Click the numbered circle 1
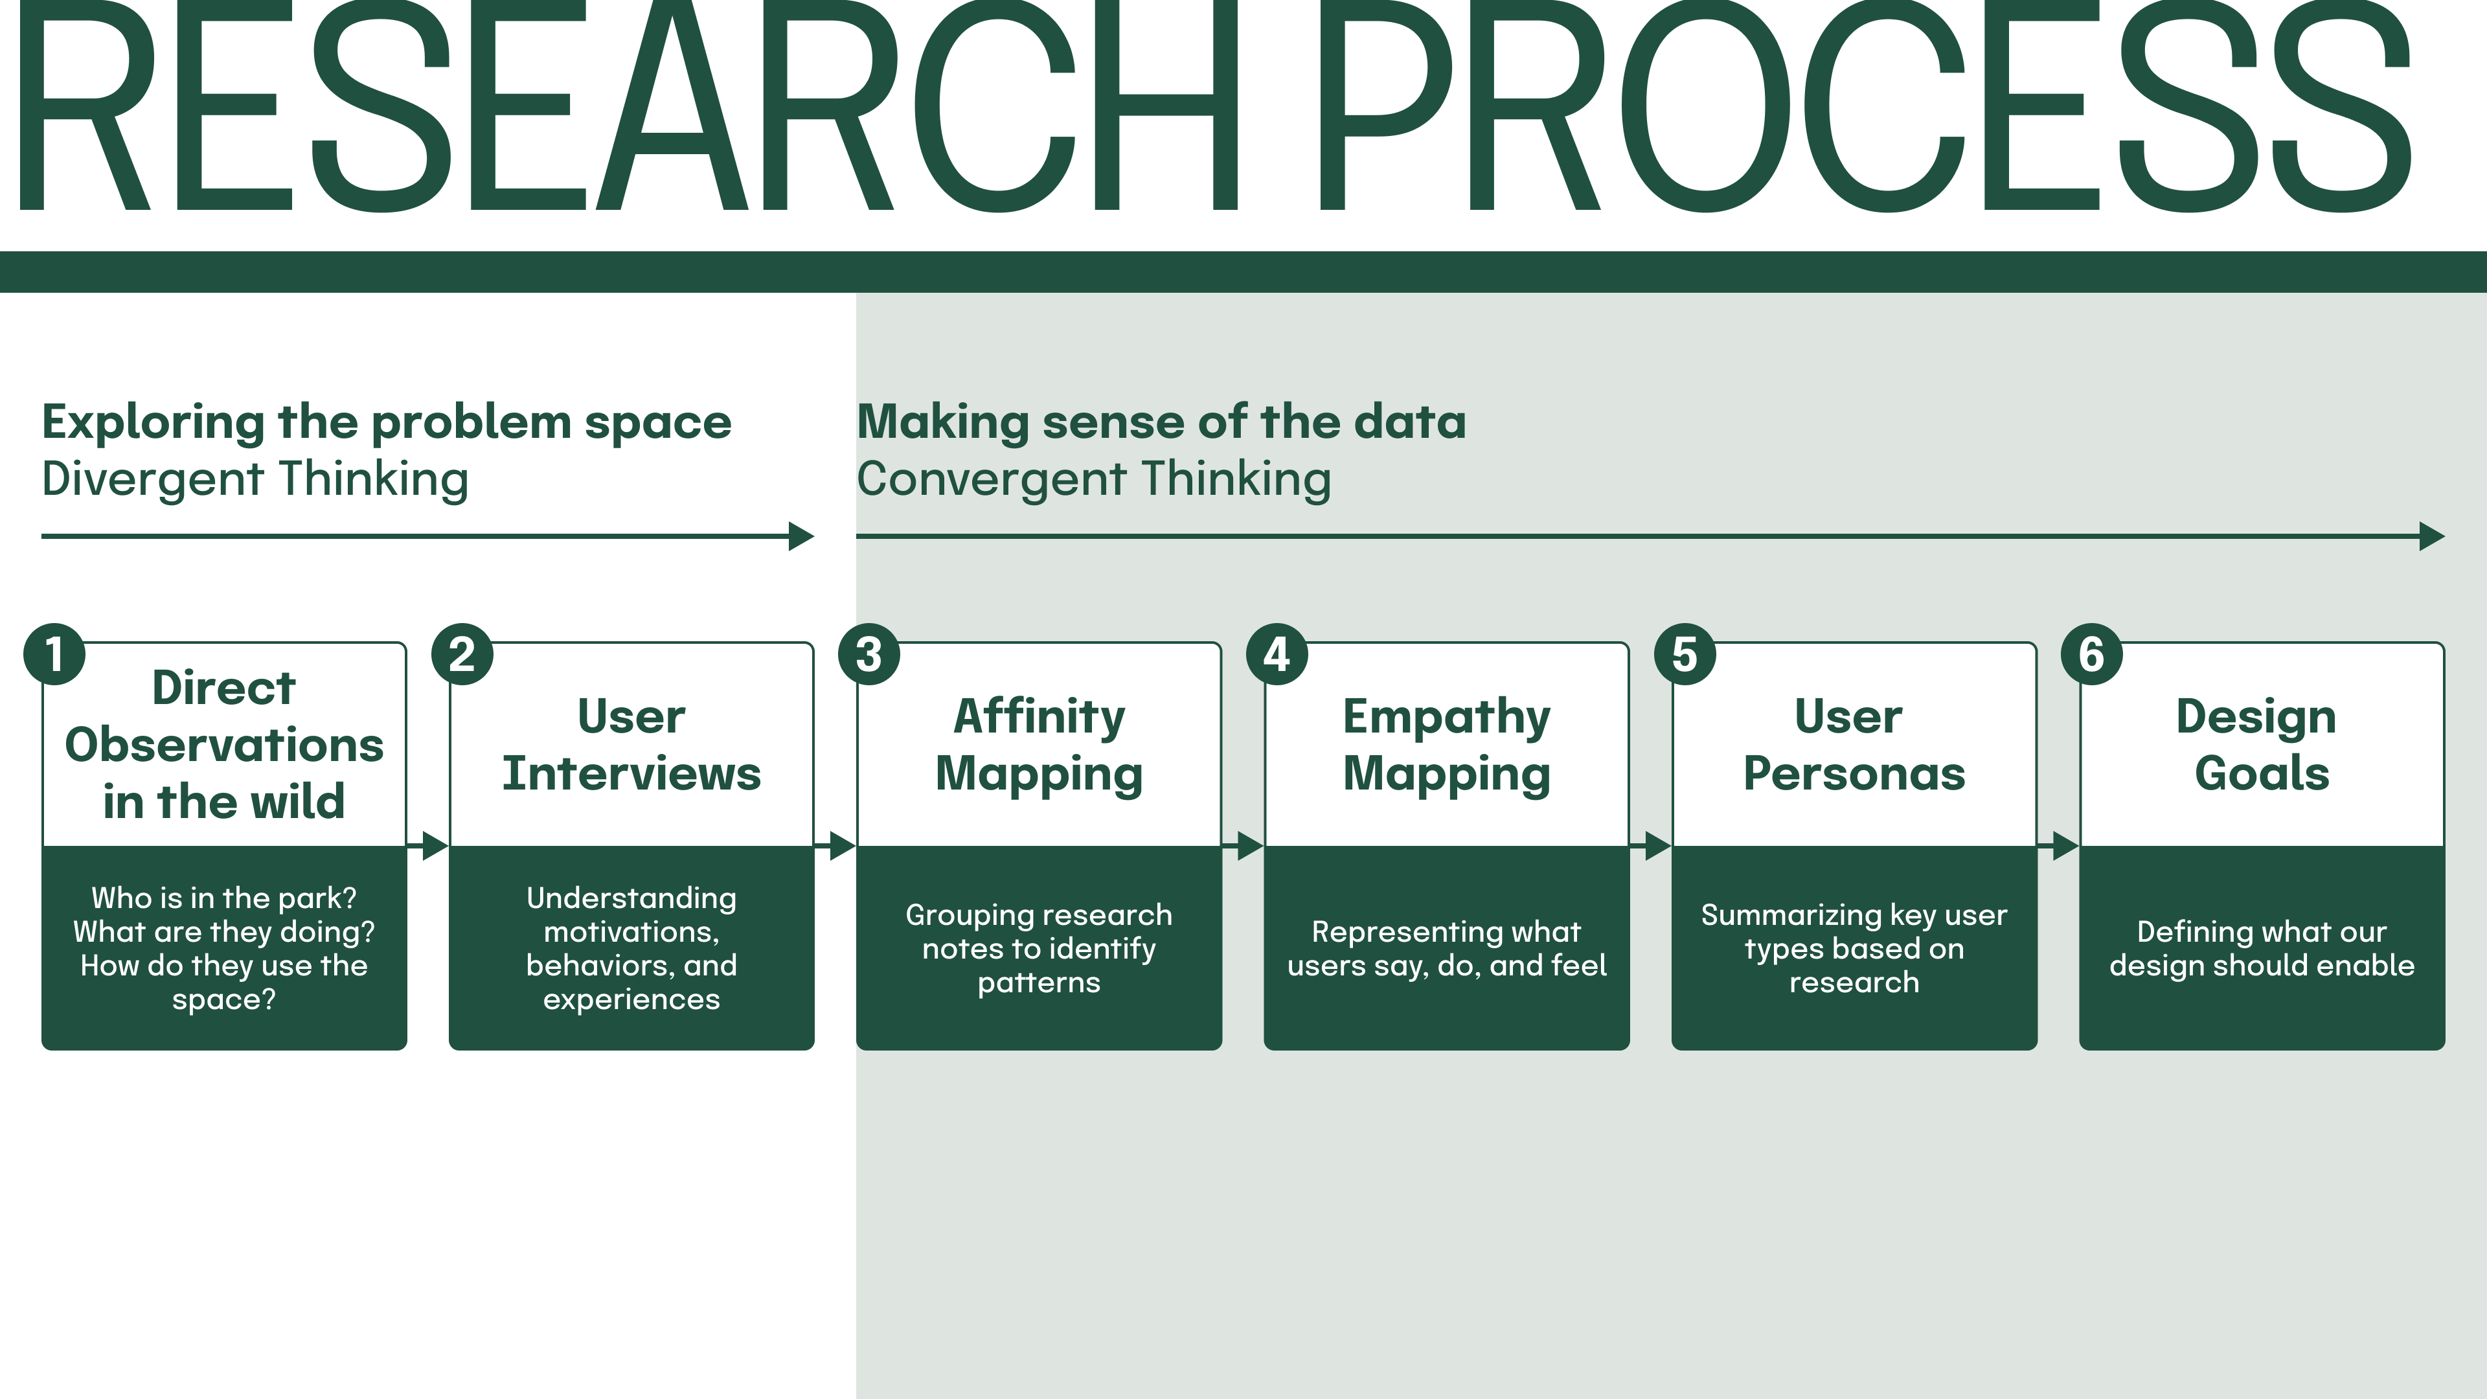(x=54, y=655)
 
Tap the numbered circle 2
(x=462, y=655)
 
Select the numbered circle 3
(x=869, y=655)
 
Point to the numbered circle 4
(x=1277, y=655)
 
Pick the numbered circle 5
(x=1685, y=655)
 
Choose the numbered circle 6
(x=2091, y=655)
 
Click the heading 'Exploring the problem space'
(x=386, y=422)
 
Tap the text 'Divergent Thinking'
(x=255, y=479)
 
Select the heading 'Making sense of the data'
(x=1161, y=422)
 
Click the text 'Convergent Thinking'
(x=1094, y=479)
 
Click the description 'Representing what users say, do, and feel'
(x=1446, y=948)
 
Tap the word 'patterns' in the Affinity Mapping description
(x=1039, y=983)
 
